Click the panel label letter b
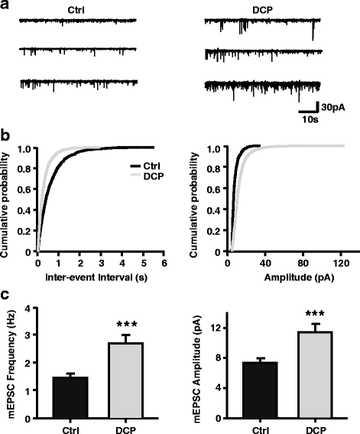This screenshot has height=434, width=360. (6, 136)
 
